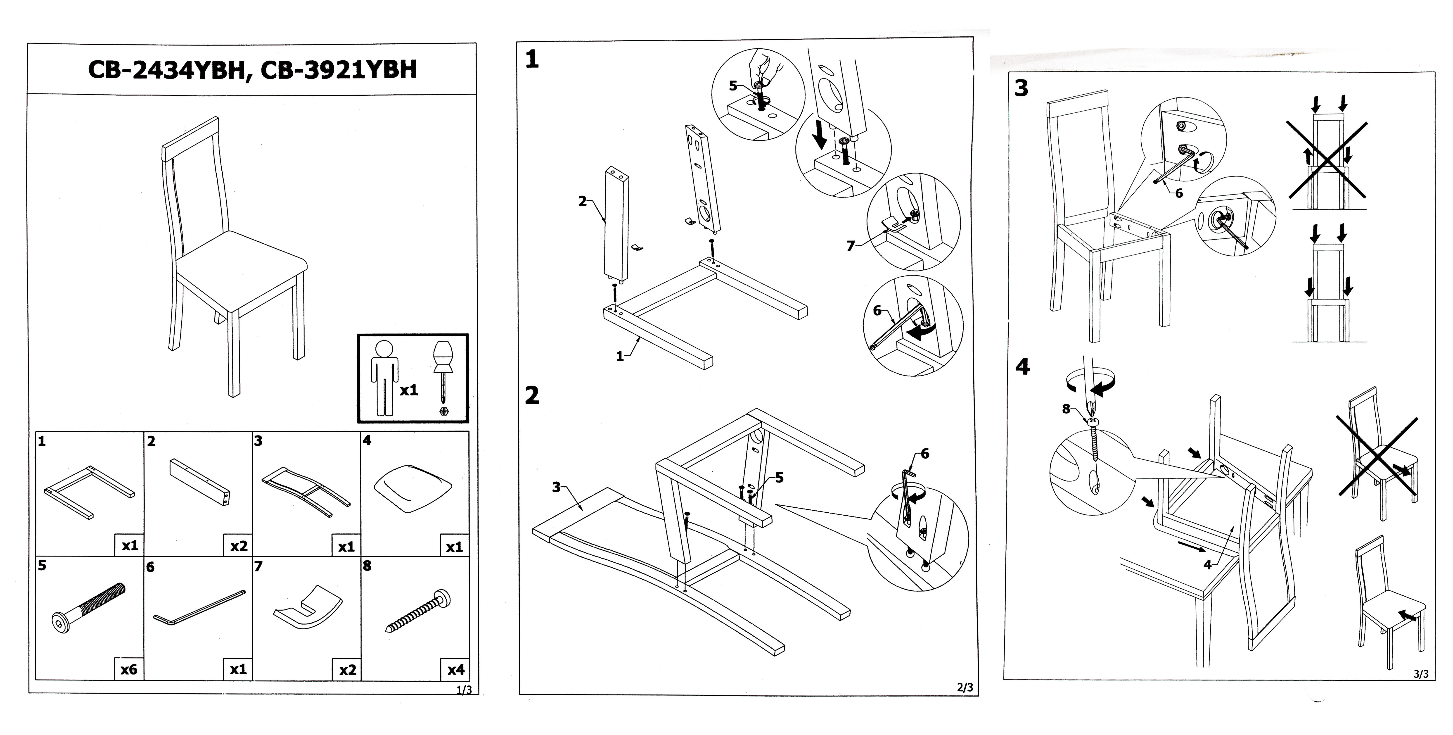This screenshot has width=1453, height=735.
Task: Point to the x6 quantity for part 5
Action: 129,670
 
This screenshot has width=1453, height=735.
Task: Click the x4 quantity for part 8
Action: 456,670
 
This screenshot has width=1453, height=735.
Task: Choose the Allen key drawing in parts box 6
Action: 199,608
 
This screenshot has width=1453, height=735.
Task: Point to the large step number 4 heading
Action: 1022,367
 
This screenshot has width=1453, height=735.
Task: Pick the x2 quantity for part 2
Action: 239,546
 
